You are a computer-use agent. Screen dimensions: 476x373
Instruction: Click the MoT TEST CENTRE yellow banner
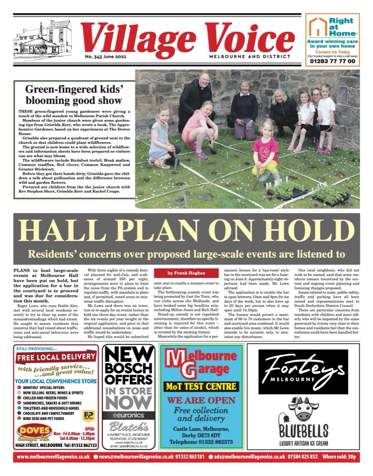[x=200, y=386]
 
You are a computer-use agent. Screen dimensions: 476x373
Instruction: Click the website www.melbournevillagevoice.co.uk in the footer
[x=53, y=457]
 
